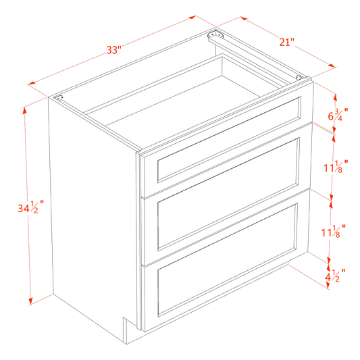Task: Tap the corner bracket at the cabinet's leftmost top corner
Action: click(59, 99)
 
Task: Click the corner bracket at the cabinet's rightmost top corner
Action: click(301, 80)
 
